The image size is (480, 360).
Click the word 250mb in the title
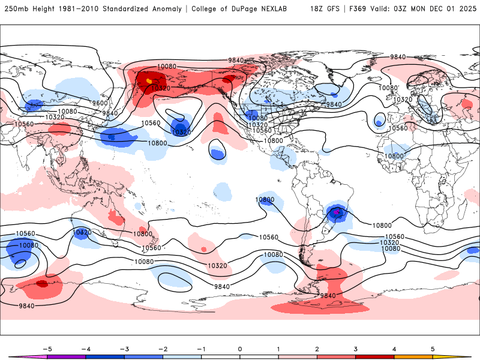[16, 9]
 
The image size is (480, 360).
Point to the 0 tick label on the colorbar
[240, 348]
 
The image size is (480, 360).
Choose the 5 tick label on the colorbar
[433, 348]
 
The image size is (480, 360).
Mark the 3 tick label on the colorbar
[356, 348]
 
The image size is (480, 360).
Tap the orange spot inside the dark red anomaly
[149, 81]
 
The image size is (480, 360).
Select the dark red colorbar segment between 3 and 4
[374, 356]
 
